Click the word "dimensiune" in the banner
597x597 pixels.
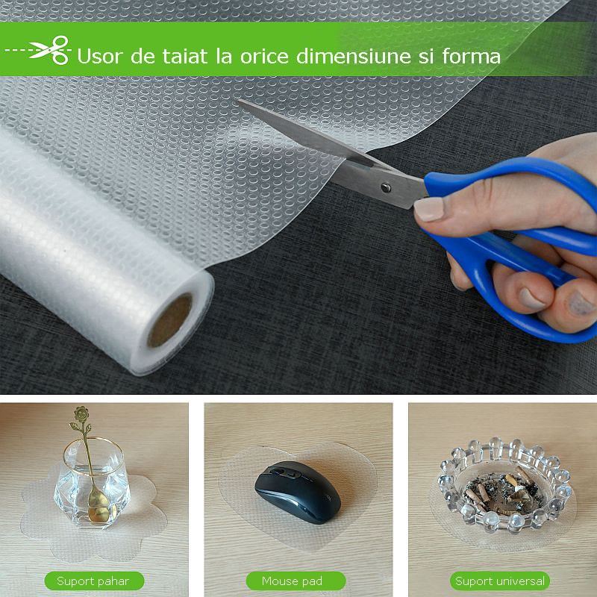[354, 56]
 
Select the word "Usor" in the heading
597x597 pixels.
[101, 57]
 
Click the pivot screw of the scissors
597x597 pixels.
[386, 187]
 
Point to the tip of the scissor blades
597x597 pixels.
[238, 101]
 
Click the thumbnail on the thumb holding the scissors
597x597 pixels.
[429, 208]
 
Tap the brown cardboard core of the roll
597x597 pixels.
[170, 320]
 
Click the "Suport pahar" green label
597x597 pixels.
[94, 581]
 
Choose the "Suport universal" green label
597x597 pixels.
[499, 581]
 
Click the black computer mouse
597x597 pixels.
[298, 493]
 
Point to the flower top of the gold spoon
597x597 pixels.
[81, 413]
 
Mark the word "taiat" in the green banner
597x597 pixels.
[185, 56]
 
